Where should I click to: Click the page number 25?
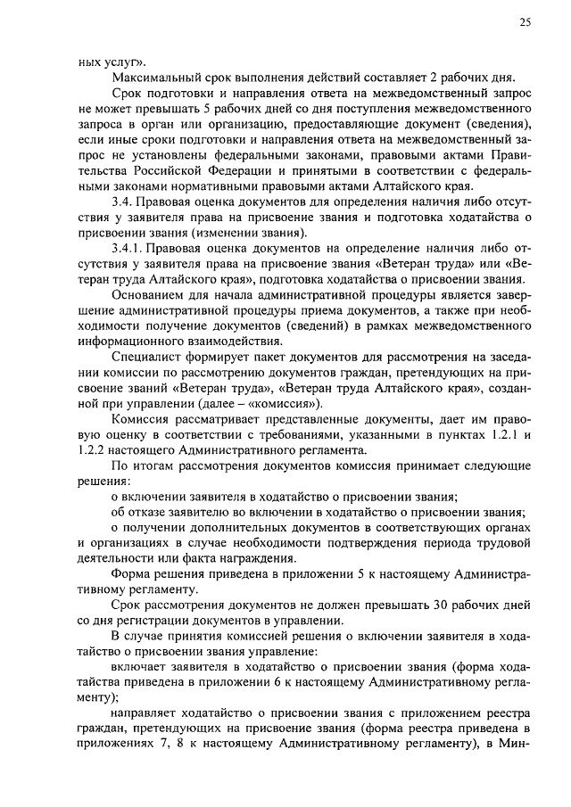(525, 24)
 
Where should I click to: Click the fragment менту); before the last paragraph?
(99, 699)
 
